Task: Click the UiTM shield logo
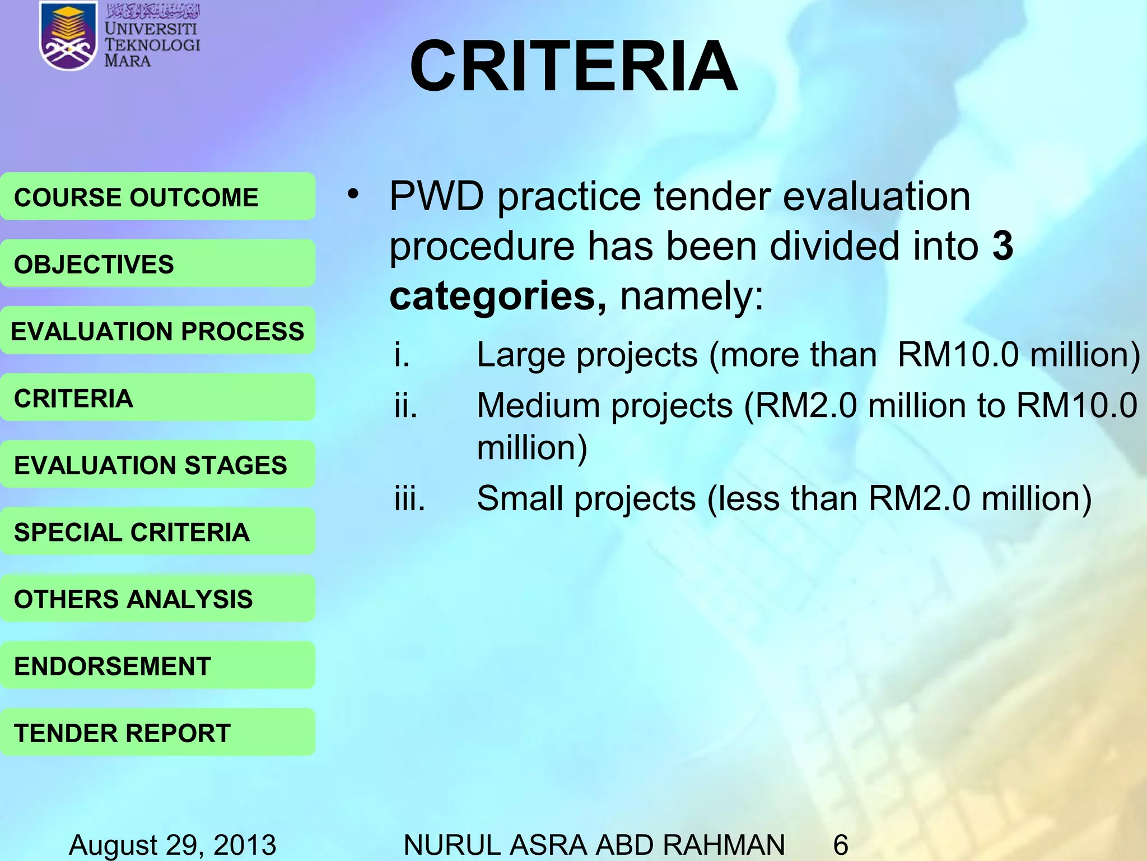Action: pyautogui.click(x=67, y=37)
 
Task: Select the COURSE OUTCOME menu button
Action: pyautogui.click(x=157, y=197)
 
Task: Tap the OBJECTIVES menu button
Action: pyautogui.click(x=157, y=264)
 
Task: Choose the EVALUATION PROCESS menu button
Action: pyautogui.click(x=157, y=331)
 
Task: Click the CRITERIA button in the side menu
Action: pyautogui.click(x=157, y=398)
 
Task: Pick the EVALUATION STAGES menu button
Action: pyautogui.click(x=157, y=465)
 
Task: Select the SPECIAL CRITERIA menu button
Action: pyautogui.click(x=157, y=532)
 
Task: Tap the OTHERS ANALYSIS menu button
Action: pyautogui.click(x=157, y=599)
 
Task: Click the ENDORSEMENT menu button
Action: pyautogui.click(x=157, y=666)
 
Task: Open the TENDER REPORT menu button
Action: pyautogui.click(x=157, y=733)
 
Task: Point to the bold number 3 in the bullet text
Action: pyautogui.click(x=1003, y=246)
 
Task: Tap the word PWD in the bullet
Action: pyautogui.click(x=436, y=197)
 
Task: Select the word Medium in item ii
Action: pyautogui.click(x=538, y=405)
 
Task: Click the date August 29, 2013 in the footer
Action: pyautogui.click(x=172, y=844)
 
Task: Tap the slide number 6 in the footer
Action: pyautogui.click(x=841, y=844)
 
